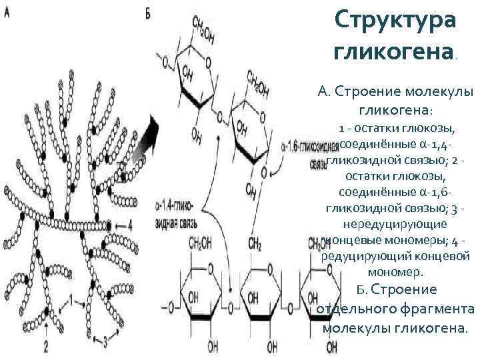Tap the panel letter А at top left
pos(7,15)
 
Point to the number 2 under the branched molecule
pos(45,345)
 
